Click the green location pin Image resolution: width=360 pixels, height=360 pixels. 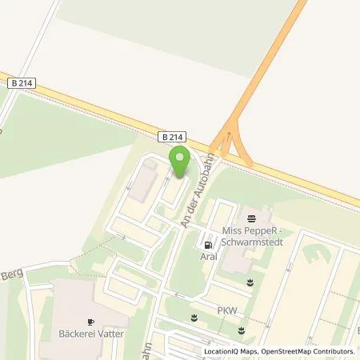182,158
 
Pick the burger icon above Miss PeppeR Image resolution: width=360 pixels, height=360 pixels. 253,217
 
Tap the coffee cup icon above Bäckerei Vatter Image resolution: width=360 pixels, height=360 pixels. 90,321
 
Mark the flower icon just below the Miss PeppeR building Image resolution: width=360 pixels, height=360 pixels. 251,282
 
